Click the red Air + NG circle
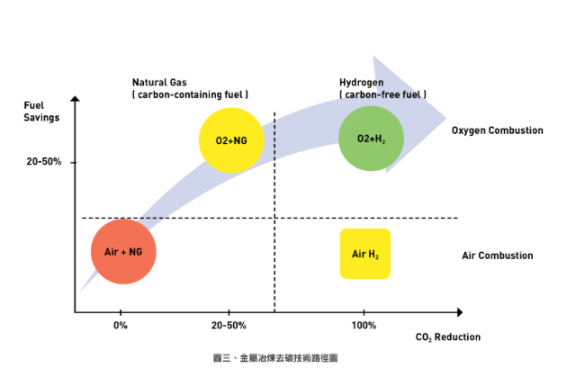click(x=122, y=251)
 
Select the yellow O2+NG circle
click(x=230, y=139)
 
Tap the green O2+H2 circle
click(x=371, y=139)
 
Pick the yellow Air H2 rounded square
click(x=364, y=254)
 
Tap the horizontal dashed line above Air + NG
click(x=150, y=219)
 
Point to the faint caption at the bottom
click(x=274, y=358)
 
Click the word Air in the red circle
click(x=111, y=252)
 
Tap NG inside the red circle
click(x=135, y=252)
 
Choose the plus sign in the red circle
click(x=123, y=252)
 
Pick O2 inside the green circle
click(x=363, y=139)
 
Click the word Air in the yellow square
click(x=357, y=255)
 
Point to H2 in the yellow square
click(x=374, y=256)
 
